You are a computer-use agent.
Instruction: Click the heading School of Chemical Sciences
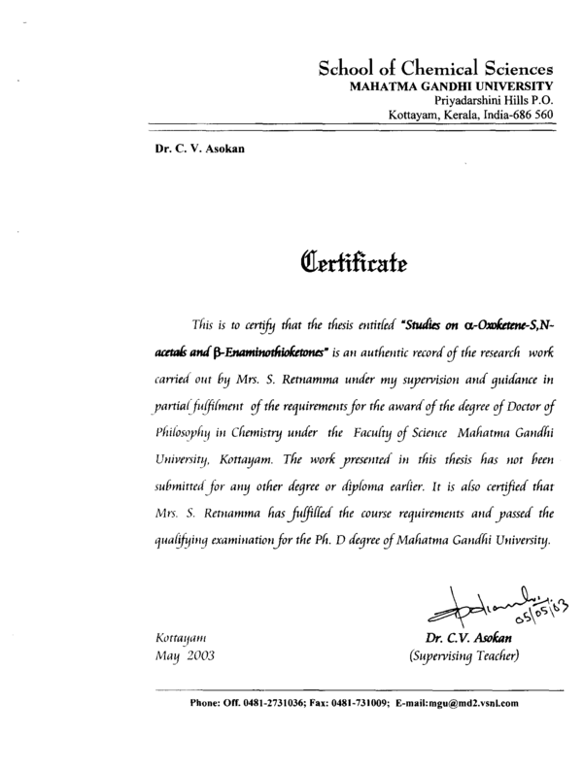coord(436,69)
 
